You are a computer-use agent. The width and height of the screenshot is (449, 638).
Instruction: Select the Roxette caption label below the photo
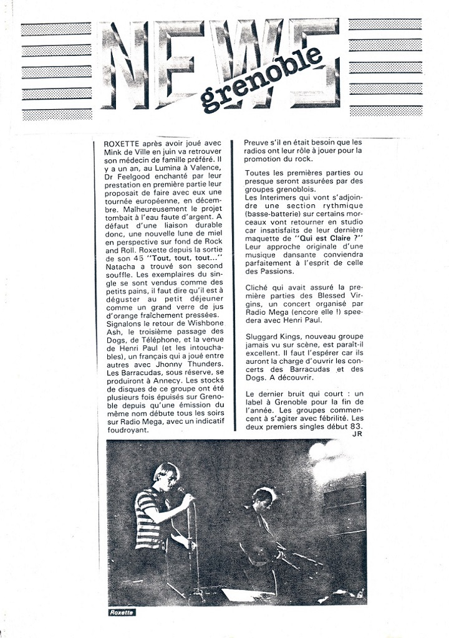pos(121,612)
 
